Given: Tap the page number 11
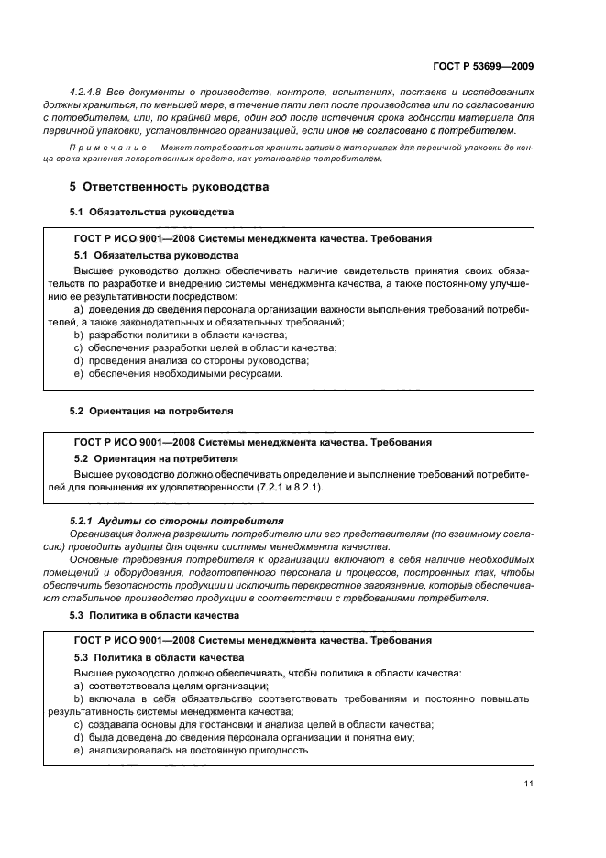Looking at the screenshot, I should pos(529,783).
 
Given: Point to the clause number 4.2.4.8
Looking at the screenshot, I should pos(87,93).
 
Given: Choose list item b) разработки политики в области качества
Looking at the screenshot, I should pos(180,335).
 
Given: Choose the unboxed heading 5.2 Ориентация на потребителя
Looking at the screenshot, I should pos(151,411).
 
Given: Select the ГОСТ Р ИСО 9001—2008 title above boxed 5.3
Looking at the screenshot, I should pos(252,640).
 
